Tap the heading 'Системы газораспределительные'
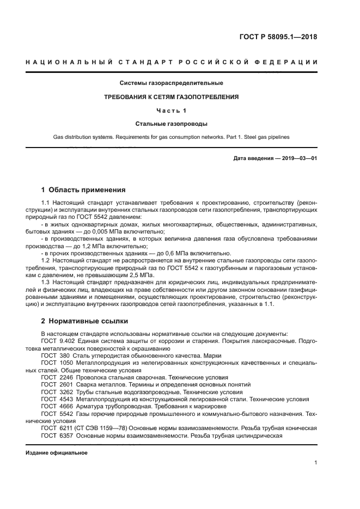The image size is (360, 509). [172, 83]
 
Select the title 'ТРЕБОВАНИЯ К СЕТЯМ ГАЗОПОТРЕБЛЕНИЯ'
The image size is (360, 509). [172, 97]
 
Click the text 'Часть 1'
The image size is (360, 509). [172, 111]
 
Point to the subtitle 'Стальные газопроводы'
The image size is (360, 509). [172, 124]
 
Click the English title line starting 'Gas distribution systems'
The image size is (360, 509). [172, 137]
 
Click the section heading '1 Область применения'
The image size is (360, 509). [83, 190]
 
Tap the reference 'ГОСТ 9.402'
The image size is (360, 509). [58, 341]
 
